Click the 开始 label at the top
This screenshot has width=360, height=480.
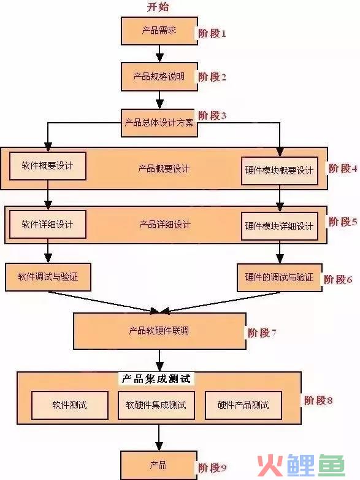pos(158,7)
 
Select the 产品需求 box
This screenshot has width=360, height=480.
pos(159,31)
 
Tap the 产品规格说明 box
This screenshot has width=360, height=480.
pos(159,77)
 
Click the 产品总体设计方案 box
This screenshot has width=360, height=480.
pos(159,123)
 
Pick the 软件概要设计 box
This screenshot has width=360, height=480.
pos(48,166)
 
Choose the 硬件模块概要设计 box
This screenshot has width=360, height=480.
pos(280,171)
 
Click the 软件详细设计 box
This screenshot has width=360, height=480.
pos(48,225)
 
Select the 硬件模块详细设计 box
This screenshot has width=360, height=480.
pos(280,226)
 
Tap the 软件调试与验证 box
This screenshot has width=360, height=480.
pos(48,277)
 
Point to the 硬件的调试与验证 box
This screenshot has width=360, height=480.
pos(280,277)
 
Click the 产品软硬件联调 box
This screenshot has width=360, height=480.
pos(159,331)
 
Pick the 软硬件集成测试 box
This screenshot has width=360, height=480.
pos(156,405)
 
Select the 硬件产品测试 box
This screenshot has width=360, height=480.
pos(243,405)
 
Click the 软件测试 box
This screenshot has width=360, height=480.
pos(70,405)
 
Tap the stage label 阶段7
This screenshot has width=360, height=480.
pos(262,333)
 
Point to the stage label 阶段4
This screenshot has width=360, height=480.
pos(343,168)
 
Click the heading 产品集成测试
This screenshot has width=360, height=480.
pos(156,379)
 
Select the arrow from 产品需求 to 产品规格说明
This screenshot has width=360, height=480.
pos(159,54)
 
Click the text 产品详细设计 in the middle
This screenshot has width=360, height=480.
pos(165,225)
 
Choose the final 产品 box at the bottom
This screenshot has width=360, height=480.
pos(159,465)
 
